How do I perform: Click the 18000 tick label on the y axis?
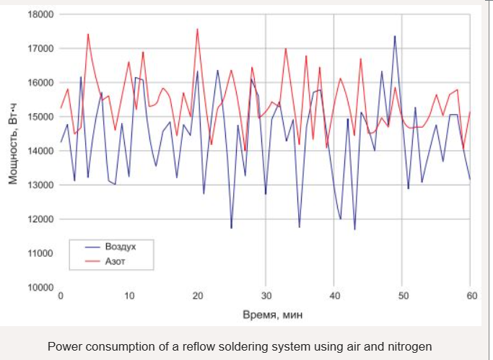[x=40, y=14]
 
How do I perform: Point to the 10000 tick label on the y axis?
[x=40, y=287]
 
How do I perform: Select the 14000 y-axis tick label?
[x=40, y=151]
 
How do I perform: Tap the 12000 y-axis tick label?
[x=40, y=219]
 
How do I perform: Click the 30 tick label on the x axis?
[x=266, y=296]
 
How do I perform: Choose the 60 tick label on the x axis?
[x=470, y=296]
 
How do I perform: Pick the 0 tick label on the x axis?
[x=61, y=296]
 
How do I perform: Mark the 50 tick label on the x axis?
[x=402, y=296]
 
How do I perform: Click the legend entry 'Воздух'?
[x=121, y=247]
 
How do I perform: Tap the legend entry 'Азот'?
[x=115, y=260]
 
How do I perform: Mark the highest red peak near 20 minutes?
[x=197, y=29]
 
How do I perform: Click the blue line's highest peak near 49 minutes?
[x=395, y=35]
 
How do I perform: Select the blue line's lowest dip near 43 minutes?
[x=354, y=229]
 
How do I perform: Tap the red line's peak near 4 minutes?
[x=88, y=34]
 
